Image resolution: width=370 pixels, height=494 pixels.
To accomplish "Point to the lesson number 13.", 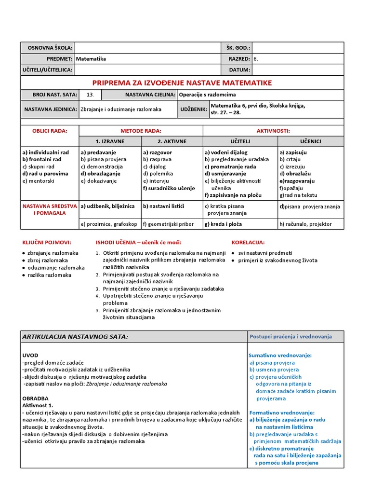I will click(90, 95).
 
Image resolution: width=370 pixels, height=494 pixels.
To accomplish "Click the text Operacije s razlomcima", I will click(207, 95).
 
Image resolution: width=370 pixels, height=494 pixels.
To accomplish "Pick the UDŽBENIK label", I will click(192, 110).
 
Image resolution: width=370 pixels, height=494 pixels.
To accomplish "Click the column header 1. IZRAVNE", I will click(110, 141).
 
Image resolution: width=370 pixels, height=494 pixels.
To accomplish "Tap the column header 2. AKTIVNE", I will click(172, 141).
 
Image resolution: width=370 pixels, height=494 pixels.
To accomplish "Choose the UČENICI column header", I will click(311, 141).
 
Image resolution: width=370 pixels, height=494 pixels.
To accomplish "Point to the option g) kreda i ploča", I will click(223, 224).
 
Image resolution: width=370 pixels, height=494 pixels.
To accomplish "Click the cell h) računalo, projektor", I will click(305, 224).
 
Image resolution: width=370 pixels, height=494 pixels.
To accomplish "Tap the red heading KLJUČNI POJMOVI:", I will click(47, 242).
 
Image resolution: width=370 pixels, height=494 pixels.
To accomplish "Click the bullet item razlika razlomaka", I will click(50, 275).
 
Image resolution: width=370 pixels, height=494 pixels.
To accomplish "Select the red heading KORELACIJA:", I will click(248, 242).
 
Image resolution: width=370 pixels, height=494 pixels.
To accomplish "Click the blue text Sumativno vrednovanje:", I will click(274, 355).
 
